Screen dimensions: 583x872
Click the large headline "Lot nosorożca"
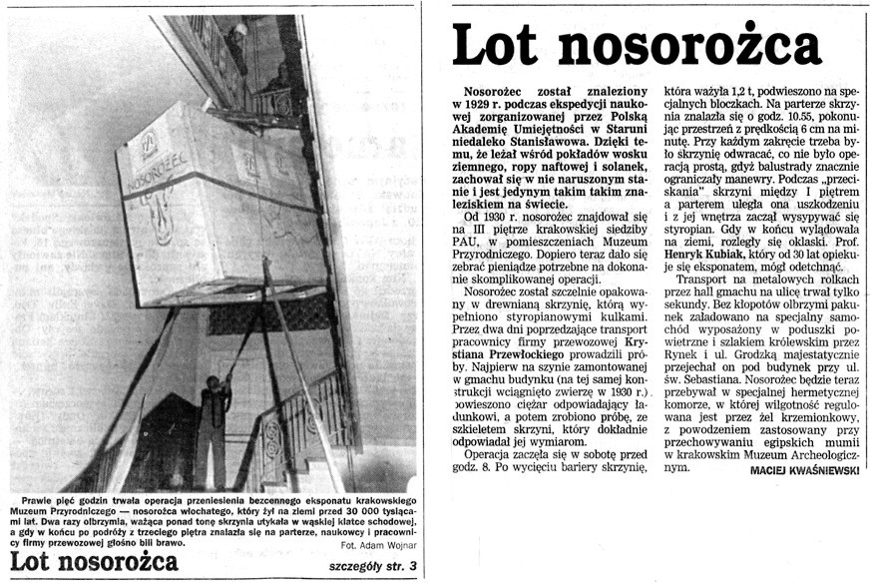click(x=637, y=46)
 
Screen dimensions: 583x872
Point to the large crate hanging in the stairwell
click(x=219, y=200)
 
